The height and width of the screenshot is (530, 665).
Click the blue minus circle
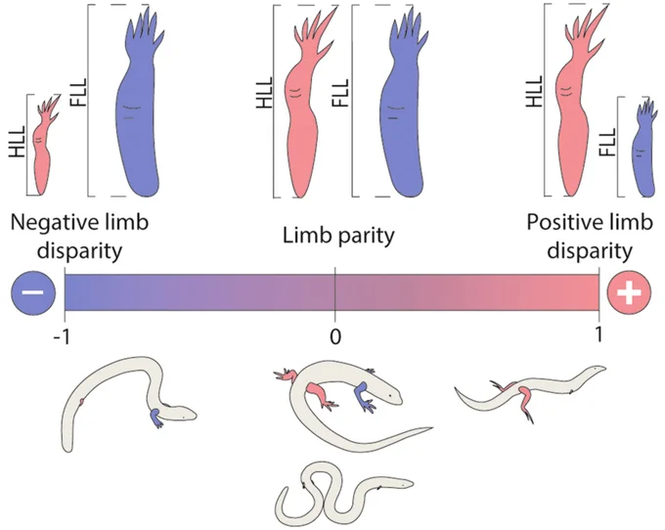33,292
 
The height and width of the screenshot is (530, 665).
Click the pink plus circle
629,292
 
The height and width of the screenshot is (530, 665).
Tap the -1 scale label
62,338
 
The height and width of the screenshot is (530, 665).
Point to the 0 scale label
335,337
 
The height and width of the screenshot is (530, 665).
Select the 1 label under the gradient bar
598,335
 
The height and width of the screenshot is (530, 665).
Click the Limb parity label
338,236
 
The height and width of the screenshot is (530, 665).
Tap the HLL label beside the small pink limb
18,142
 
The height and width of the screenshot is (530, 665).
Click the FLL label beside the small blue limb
607,143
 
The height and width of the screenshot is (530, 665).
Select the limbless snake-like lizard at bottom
344,494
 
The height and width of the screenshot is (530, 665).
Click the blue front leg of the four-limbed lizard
365,396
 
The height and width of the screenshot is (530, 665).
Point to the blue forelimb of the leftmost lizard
156,418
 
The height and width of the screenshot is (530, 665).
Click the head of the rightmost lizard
594,371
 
